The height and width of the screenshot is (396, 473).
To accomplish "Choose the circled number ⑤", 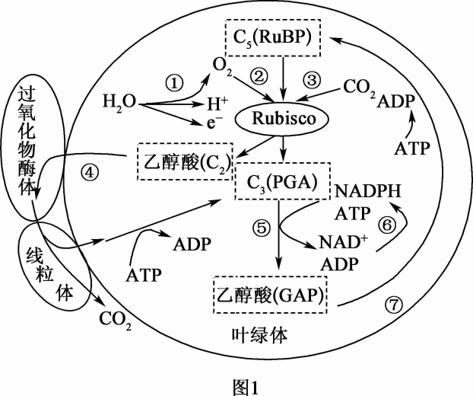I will coord(259,227).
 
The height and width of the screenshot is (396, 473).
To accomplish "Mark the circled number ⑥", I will coord(387,225).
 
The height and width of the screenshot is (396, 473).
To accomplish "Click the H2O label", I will coord(120,101).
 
